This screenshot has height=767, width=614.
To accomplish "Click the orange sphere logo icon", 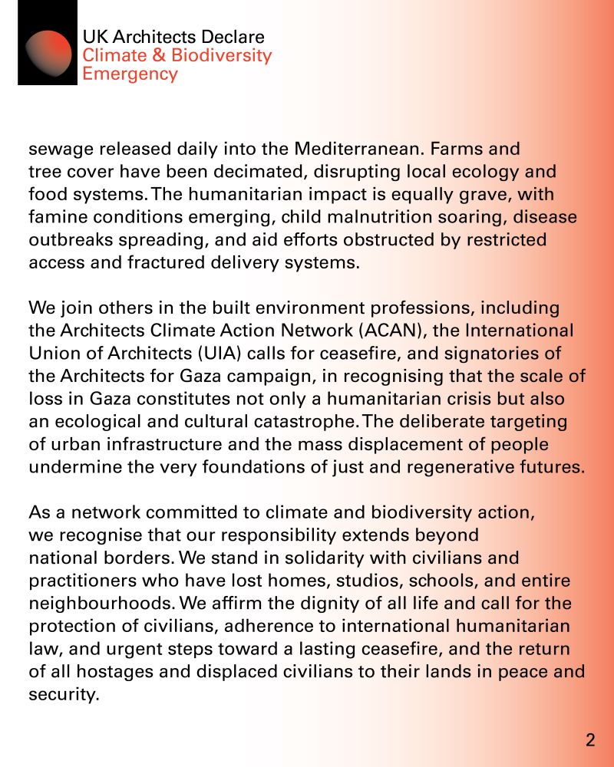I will [48, 54].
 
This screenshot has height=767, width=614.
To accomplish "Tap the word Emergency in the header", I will [130, 74].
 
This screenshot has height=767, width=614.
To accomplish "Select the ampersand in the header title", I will [159, 56].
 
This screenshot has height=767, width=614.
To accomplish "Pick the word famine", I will [56, 217].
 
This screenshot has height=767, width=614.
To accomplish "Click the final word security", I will [64, 695].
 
